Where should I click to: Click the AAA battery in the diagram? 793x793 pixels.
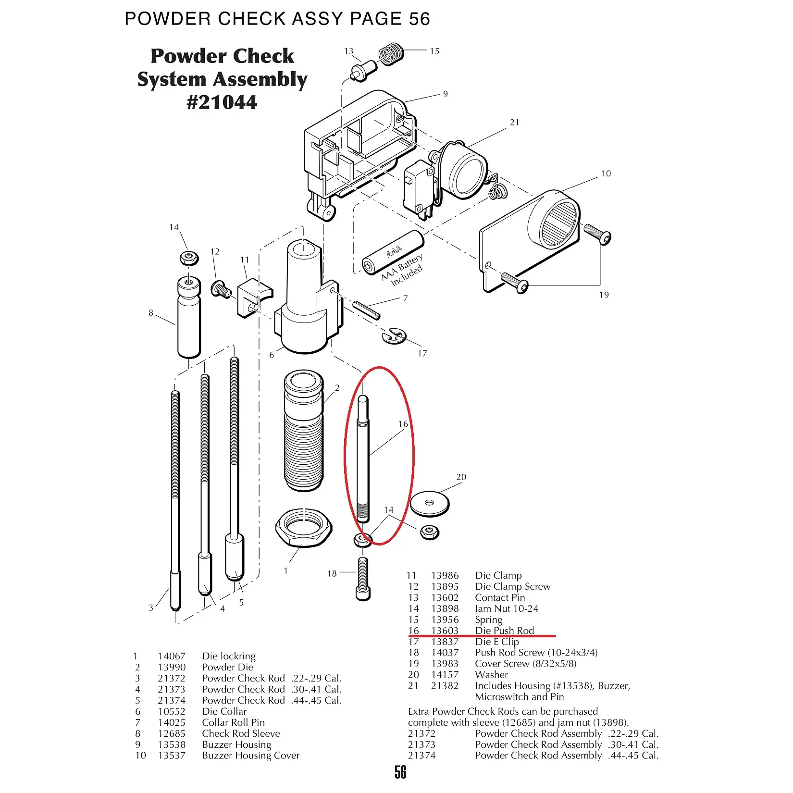click(392, 253)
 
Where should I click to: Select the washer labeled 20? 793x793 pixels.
click(430, 503)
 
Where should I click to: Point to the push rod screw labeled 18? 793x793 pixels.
click(363, 578)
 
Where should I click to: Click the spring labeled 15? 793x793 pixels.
click(391, 53)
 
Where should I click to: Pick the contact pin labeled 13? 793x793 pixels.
click(363, 71)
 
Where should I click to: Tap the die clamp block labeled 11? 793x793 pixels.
click(253, 298)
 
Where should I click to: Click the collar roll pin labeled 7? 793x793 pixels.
click(367, 310)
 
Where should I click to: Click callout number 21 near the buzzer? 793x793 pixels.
click(515, 123)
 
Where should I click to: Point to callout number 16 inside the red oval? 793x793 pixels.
click(403, 424)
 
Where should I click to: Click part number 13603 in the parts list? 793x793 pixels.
click(445, 631)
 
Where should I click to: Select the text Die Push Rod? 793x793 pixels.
click(504, 631)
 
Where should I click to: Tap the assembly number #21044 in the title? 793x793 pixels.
click(222, 102)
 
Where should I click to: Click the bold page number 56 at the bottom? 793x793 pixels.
click(400, 772)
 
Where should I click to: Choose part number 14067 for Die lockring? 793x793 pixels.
click(171, 656)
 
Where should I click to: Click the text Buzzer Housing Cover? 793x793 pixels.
click(250, 756)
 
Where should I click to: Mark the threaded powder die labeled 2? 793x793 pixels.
click(304, 433)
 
